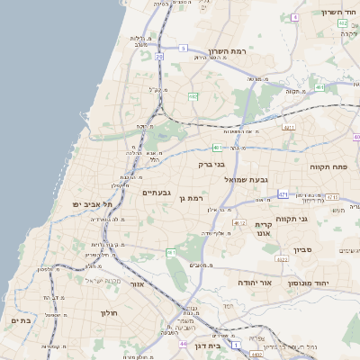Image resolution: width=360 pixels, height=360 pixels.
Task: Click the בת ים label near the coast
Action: pos(20,320)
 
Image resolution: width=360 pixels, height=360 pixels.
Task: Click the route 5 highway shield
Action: pos(184,48)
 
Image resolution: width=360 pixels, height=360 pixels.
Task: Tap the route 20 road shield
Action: pos(159,56)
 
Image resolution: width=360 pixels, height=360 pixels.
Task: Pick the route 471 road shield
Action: pos(283,194)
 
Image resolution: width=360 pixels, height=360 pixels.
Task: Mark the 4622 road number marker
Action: pos(282,259)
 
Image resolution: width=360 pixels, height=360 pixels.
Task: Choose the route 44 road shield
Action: pos(183,344)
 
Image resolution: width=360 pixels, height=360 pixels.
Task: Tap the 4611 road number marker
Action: pos(289,128)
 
